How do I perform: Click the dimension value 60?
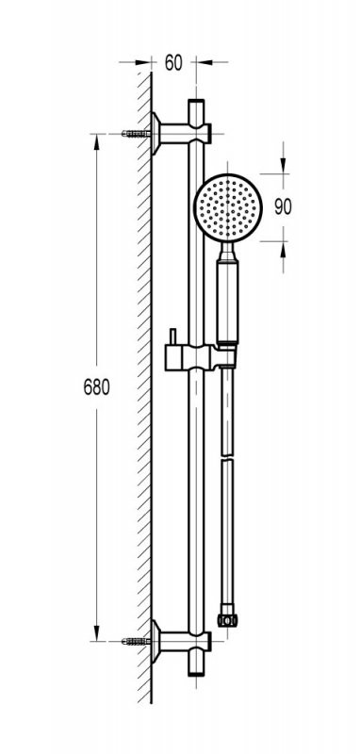pos(173,62)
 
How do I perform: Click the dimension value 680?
pos(97,387)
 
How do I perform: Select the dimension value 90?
pos(283,206)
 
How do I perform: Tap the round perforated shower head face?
pos(228,207)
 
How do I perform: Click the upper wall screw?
pos(136,134)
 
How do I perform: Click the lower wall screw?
pos(136,641)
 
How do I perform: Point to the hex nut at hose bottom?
pos(227,620)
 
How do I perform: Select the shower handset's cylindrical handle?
pos(227,301)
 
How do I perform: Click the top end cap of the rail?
pos(196,106)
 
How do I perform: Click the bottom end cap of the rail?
pos(196,668)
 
